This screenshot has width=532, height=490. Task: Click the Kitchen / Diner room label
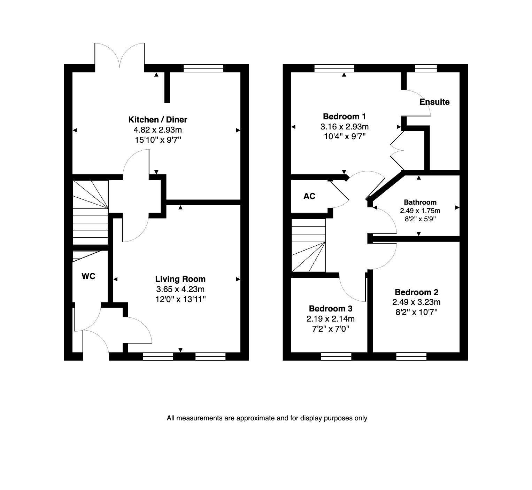pyautogui.click(x=158, y=120)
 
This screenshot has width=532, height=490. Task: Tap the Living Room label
pyautogui.click(x=180, y=279)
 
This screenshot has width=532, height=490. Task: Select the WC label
pyautogui.click(x=88, y=276)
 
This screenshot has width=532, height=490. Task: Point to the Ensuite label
pyautogui.click(x=434, y=102)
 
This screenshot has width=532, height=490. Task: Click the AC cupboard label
pyautogui.click(x=309, y=196)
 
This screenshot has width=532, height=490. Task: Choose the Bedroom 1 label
pyautogui.click(x=345, y=116)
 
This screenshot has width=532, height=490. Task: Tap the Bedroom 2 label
pyautogui.click(x=416, y=292)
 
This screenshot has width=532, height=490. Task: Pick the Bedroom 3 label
pyautogui.click(x=331, y=309)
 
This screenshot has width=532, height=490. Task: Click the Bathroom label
pyautogui.click(x=420, y=202)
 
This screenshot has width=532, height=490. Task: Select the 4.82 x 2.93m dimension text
pyautogui.click(x=158, y=130)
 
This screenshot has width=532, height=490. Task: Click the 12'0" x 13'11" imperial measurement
pyautogui.click(x=181, y=299)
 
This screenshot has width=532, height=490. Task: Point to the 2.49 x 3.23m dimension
pyautogui.click(x=416, y=302)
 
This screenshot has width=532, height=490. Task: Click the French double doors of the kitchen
pyautogui.click(x=119, y=55)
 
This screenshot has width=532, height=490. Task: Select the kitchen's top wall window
pyautogui.click(x=203, y=68)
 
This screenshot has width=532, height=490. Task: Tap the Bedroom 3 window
pyautogui.click(x=336, y=356)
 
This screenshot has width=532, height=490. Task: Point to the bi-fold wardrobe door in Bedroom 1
pyautogui.click(x=397, y=151)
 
